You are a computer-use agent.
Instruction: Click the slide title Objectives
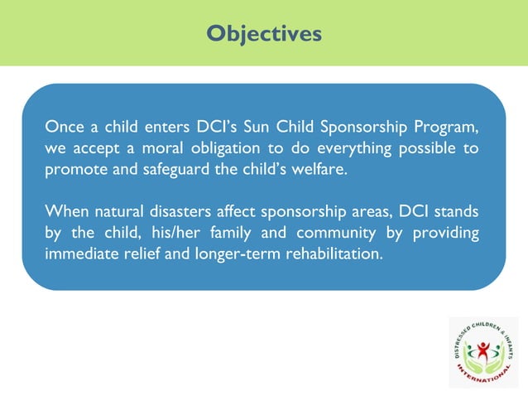tap(263, 33)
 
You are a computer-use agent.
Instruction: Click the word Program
tap(448, 128)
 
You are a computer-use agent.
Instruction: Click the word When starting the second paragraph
tap(66, 210)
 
